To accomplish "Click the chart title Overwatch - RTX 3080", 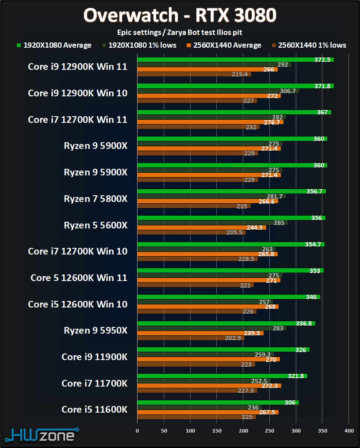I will tap(180, 15).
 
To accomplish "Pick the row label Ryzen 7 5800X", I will tap(96, 199).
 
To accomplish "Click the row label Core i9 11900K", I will tap(94, 357).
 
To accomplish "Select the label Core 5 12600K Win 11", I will tap(79, 278).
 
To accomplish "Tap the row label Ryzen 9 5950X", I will tap(96, 330).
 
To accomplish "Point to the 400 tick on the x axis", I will tap(349, 430).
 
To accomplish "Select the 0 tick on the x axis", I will tap(138, 430).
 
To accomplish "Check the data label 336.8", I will tap(304, 323).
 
